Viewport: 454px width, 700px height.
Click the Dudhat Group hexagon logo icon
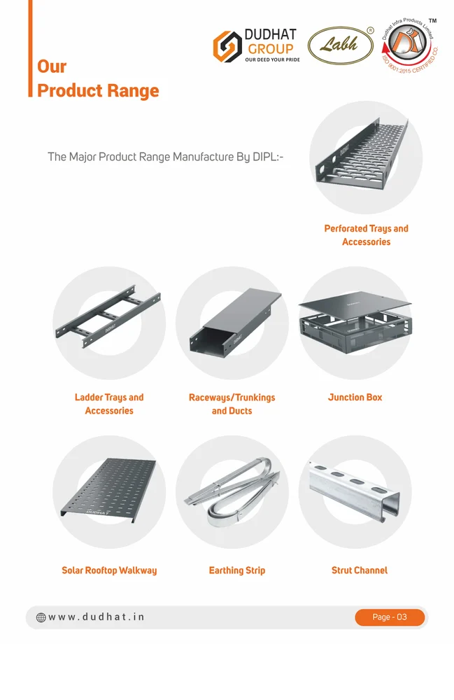click(226, 45)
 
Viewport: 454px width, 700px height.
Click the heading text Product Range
click(97, 91)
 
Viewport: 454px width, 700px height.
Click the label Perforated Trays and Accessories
click(366, 235)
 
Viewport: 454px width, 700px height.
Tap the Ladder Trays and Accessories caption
click(109, 404)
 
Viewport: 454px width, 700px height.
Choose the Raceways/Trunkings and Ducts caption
click(232, 404)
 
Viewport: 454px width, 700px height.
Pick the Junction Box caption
click(355, 397)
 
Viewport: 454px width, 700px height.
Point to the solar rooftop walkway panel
click(109, 489)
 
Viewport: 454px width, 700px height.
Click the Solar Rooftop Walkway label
click(109, 570)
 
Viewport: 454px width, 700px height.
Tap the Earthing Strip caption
click(237, 570)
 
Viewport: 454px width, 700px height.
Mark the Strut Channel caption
click(359, 570)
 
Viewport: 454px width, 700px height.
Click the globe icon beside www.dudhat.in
click(41, 617)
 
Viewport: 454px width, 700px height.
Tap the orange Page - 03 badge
click(390, 617)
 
